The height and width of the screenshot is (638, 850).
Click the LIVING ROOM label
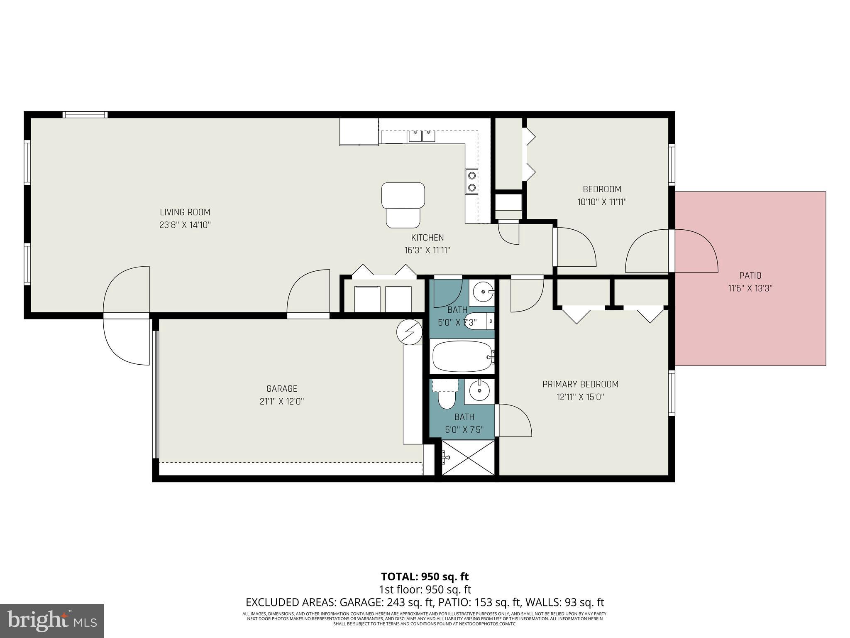185,212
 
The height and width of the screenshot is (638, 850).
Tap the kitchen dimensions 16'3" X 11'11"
427,250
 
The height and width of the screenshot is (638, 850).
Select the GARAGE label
282,389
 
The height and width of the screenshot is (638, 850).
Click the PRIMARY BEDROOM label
580,385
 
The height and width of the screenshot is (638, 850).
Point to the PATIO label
750,275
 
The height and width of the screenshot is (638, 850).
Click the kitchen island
403,205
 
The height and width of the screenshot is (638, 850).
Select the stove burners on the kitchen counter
471,182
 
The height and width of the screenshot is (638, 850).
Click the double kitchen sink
421,136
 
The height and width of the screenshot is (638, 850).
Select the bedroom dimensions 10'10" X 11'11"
601,202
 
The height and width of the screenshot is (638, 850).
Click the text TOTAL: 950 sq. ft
425,577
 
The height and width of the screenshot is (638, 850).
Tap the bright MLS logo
52,621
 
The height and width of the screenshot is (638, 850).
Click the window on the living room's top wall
85,115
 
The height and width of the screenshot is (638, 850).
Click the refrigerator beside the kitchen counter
359,132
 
